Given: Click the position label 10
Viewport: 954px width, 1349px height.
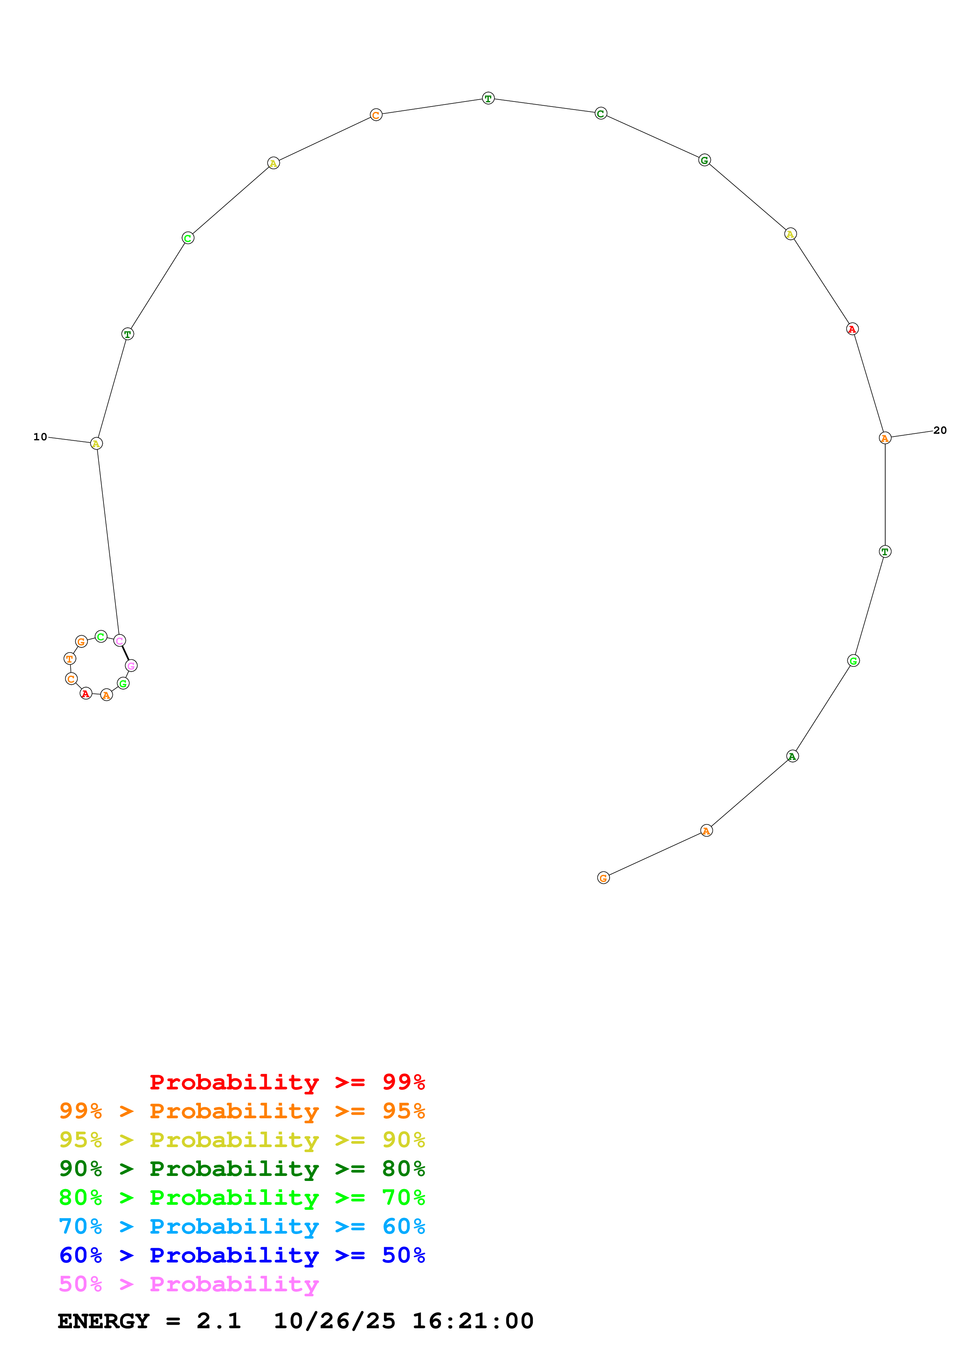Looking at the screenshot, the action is point(40,436).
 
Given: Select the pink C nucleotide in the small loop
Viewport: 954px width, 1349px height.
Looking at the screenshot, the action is point(119,640).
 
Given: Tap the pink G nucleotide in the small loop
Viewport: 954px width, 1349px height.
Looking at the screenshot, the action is point(131,666).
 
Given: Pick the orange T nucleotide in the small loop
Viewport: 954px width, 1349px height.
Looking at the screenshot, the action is point(69,659).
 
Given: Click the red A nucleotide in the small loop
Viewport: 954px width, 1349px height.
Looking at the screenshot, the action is point(86,693).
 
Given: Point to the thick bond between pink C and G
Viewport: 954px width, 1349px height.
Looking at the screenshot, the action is point(125,653).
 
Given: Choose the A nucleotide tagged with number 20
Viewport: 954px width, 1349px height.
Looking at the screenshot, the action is point(885,438).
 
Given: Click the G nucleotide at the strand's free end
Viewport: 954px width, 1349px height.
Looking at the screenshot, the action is point(603,878).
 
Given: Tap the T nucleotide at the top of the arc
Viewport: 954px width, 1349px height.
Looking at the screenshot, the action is point(488,98).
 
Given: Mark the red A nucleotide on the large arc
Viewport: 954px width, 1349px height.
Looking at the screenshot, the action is point(852,329).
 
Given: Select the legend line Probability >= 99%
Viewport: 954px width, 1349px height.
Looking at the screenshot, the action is point(287,1082).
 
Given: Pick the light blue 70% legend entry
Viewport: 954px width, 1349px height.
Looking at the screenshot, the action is point(242,1226).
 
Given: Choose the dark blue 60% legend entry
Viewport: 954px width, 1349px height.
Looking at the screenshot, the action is point(242,1255).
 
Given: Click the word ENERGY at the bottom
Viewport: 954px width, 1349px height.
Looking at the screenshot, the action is point(104,1321).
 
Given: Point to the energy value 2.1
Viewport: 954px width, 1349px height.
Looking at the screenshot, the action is point(219,1321).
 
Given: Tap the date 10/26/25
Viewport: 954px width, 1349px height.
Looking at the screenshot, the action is point(334,1321).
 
